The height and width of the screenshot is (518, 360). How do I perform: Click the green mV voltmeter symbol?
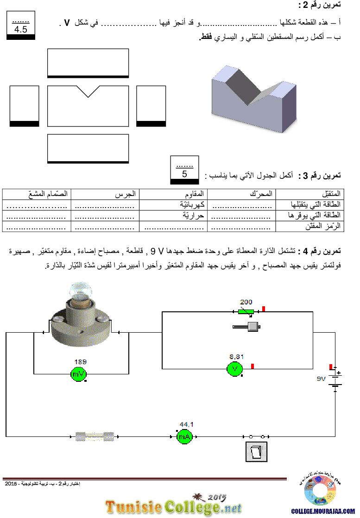point(78,374)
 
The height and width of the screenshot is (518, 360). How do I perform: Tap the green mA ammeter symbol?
point(184,436)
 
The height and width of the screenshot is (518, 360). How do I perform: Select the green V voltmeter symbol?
point(235,369)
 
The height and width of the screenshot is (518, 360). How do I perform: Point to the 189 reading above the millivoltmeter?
point(81,361)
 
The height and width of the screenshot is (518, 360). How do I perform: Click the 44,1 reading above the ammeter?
point(187,424)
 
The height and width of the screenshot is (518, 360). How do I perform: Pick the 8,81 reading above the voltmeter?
point(236,357)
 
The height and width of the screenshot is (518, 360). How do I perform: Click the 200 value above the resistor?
point(246,302)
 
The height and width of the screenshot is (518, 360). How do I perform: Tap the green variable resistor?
point(246,312)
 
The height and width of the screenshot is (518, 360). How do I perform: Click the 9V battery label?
point(322,379)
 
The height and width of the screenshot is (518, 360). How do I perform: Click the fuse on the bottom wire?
point(95,436)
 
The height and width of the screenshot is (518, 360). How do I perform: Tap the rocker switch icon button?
point(256,451)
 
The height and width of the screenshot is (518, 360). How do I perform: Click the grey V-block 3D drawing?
point(254,99)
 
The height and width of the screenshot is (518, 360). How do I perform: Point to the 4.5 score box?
point(21,30)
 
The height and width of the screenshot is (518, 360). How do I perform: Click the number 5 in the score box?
point(184,175)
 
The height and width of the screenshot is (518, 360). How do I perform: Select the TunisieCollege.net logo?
point(173,505)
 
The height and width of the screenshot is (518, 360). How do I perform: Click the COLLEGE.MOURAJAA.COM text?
point(322,512)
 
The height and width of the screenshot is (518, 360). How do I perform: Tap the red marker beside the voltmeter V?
point(253,366)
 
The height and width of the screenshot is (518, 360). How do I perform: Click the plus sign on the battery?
point(339,373)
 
